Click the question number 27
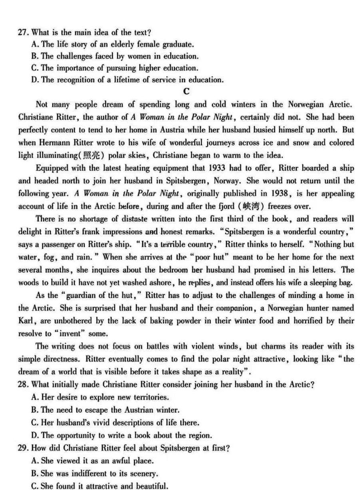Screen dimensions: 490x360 pyautogui.click(x=23, y=32)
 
